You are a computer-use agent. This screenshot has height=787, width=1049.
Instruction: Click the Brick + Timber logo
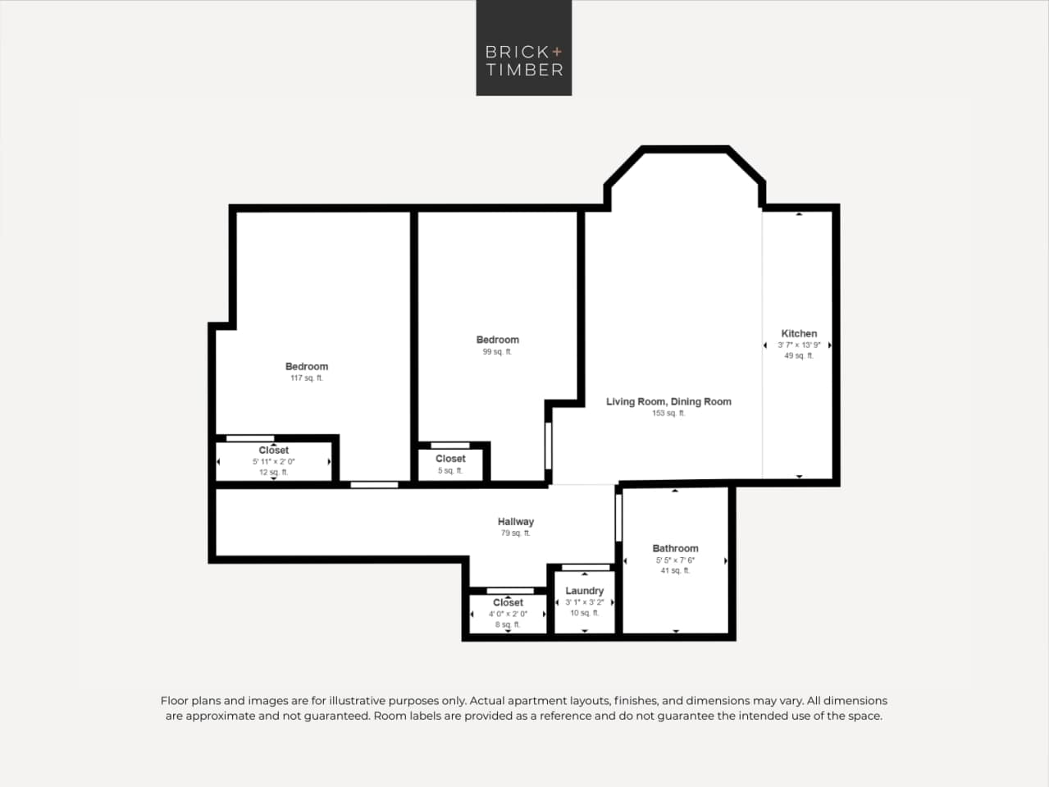coord(523,48)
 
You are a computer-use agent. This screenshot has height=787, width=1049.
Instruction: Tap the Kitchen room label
coord(799,333)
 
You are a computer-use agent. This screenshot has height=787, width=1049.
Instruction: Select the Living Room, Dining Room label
coord(668,401)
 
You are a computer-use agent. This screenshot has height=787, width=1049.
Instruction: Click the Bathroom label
coord(675,548)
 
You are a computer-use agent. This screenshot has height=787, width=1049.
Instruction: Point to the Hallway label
coord(515,521)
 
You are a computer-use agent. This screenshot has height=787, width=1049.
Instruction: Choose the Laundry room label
coord(584,591)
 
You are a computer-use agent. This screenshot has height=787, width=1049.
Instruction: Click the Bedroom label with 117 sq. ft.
coord(307,366)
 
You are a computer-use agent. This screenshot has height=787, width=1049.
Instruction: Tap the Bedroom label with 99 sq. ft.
coord(497,340)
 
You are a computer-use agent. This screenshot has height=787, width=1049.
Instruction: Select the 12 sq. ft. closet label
coord(273,473)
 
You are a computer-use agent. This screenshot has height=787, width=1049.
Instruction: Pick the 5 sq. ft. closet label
coord(450,471)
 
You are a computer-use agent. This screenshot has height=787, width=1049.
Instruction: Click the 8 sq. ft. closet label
coord(508,625)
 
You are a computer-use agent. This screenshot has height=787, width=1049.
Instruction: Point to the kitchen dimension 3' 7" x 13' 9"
coord(799,345)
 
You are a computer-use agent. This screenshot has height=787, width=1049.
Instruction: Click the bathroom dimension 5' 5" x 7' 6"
coord(675,561)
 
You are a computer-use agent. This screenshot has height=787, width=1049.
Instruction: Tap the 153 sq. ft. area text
coord(668,414)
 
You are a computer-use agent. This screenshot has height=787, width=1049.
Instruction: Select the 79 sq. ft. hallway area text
coord(515,533)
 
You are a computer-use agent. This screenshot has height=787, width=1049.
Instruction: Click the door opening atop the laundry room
coord(586,567)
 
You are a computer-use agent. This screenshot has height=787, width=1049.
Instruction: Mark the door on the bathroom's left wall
coord(618,517)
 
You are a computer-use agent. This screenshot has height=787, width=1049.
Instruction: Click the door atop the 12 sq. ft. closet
coord(250,438)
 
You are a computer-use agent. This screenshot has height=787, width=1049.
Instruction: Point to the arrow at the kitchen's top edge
coord(799,213)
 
